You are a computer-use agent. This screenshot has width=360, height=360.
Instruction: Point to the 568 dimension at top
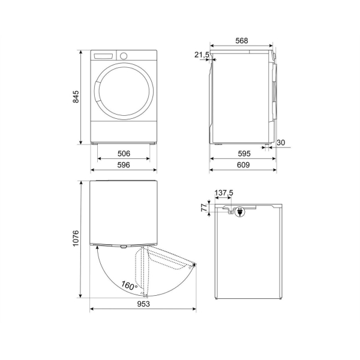click(x=241, y=41)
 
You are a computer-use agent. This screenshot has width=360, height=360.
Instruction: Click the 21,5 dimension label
click(x=202, y=55)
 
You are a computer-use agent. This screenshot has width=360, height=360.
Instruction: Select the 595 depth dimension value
click(x=243, y=154)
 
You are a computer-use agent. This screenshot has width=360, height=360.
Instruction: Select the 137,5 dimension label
click(x=224, y=193)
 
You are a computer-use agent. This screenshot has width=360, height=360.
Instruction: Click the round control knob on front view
click(x=124, y=56)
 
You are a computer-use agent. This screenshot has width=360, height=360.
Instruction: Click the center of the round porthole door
click(x=124, y=95)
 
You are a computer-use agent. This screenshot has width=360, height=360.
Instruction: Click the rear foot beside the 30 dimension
click(x=266, y=144)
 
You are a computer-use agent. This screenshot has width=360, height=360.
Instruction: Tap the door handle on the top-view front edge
click(x=123, y=246)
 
